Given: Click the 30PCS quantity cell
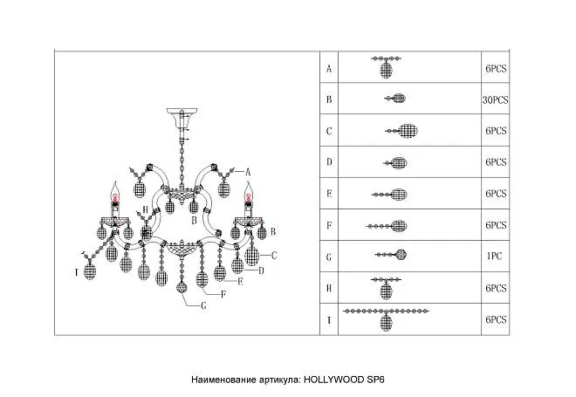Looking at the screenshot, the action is tap(495, 99).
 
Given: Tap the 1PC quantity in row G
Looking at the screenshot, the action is tap(495, 256).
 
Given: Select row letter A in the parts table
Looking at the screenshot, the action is tap(329, 68).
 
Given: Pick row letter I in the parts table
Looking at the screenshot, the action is tap(329, 320).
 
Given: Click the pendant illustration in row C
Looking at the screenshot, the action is tap(401, 131).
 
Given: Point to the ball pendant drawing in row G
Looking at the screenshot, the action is tap(391, 255).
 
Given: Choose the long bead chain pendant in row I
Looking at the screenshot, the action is tap(386, 319).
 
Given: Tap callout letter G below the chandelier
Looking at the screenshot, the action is tap(203, 305).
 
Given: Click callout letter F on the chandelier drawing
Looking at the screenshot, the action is tap(223, 294).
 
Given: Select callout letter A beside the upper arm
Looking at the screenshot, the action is tap(248, 172).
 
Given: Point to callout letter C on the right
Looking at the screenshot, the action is tap(274, 256).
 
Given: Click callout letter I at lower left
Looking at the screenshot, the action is tap(77, 272).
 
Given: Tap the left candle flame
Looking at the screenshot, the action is tap(115, 189).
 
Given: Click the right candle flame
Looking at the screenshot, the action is tap(250, 189).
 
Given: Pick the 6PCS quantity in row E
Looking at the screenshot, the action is tap(496, 194).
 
